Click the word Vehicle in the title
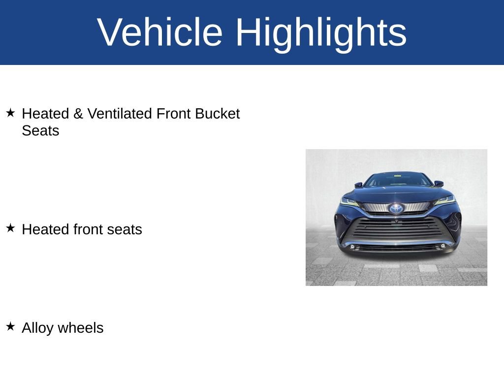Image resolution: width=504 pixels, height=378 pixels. (160, 32)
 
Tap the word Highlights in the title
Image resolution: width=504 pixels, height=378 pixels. (321, 33)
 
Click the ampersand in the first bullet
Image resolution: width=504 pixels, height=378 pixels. (78, 114)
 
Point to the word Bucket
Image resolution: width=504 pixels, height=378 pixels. (217, 114)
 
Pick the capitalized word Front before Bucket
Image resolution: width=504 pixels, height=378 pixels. (173, 114)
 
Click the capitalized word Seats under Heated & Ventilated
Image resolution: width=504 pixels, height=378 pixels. (40, 131)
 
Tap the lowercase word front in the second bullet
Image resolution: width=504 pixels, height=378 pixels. (89, 229)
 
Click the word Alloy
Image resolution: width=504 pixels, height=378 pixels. (37, 328)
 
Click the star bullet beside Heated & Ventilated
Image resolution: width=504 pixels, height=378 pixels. (10, 113)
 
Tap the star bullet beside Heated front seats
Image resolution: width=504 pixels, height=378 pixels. (10, 228)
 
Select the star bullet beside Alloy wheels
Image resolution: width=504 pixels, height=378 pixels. (10, 326)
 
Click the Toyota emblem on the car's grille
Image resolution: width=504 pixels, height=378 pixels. (396, 209)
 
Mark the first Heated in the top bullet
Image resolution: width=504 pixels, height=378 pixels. (45, 114)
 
